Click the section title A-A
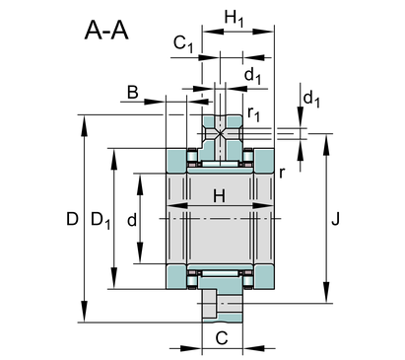coord(106,31)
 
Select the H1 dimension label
coord(234,18)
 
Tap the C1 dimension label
coord(183,43)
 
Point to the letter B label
coord(132,93)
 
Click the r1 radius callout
coord(253,113)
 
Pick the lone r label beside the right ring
coord(282,173)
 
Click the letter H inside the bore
coord(219,196)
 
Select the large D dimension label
coord(72,219)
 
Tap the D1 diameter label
coord(101,220)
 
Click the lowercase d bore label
coord(132,220)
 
